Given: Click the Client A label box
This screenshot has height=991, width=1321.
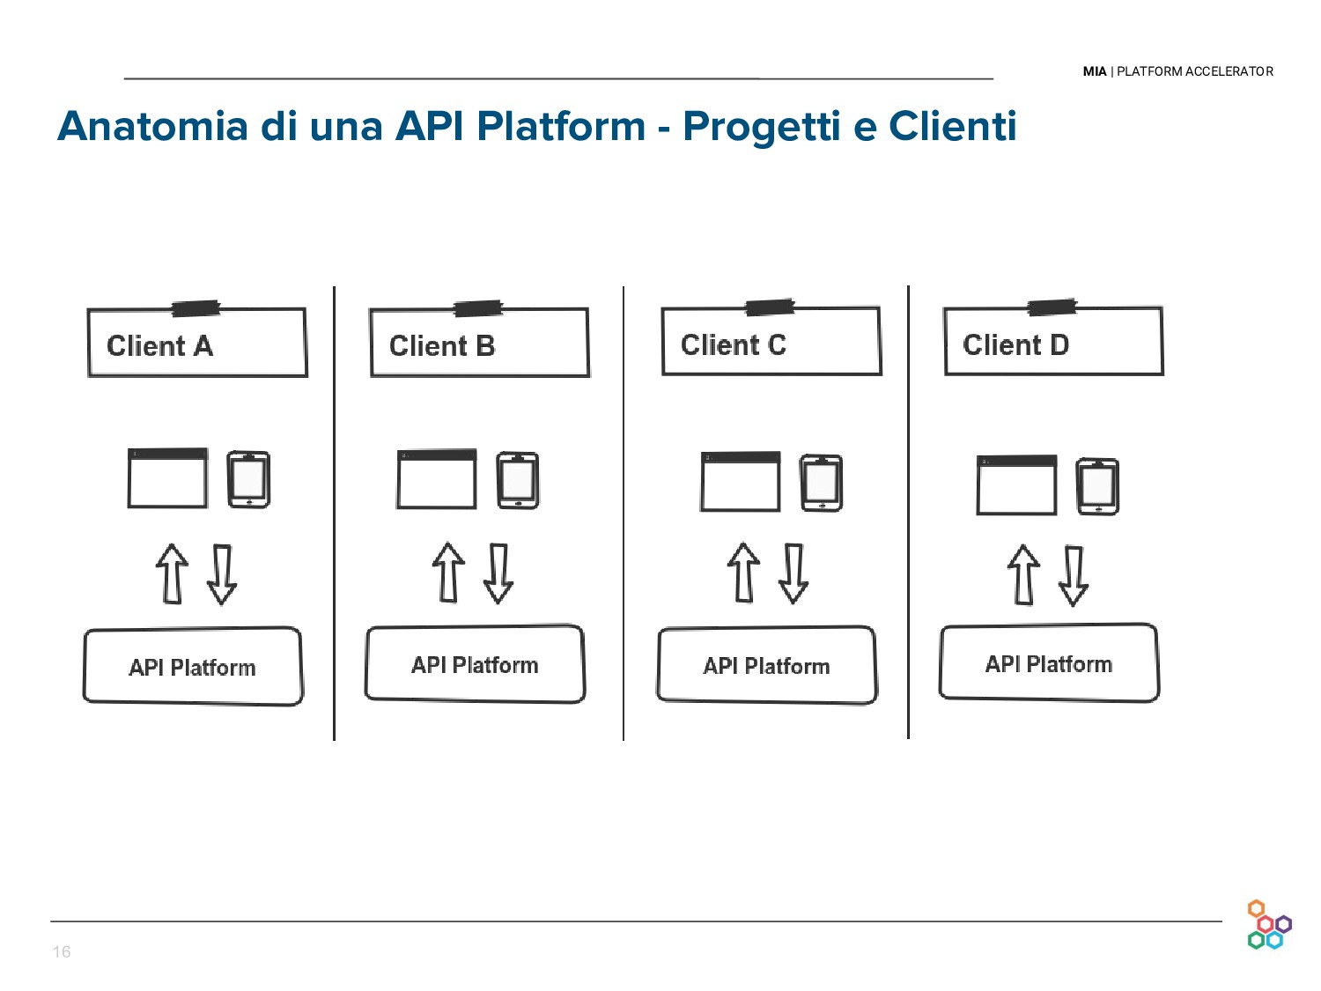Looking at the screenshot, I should (197, 344).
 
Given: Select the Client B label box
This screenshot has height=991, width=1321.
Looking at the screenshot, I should (479, 344).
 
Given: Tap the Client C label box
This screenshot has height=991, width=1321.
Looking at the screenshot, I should (771, 342).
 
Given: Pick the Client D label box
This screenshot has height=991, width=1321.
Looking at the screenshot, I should (1053, 342).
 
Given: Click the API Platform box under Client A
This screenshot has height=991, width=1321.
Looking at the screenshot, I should (193, 666).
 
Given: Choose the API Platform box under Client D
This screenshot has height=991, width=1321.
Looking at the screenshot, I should (1049, 663).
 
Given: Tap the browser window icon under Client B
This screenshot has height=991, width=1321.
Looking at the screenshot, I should (437, 479).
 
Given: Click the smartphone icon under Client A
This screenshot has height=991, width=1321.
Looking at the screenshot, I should (248, 479).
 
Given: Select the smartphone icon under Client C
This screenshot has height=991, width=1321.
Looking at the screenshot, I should (822, 483).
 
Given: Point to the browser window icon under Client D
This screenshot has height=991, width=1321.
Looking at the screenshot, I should (1016, 484).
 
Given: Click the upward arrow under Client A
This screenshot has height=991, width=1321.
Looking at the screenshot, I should (172, 573).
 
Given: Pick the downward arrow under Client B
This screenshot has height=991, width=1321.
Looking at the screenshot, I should (498, 573).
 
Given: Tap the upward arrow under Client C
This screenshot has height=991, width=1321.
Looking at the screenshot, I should (743, 573).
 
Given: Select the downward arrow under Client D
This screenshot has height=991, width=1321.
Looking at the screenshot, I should (1073, 575).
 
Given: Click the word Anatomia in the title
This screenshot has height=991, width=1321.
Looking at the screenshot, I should (152, 126).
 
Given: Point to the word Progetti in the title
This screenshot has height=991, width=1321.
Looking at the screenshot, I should (762, 126).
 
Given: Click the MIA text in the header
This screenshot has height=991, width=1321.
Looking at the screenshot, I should (1094, 71).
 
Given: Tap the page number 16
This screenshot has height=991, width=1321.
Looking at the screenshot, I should (62, 951).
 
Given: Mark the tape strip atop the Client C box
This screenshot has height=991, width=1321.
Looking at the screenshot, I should (770, 307).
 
